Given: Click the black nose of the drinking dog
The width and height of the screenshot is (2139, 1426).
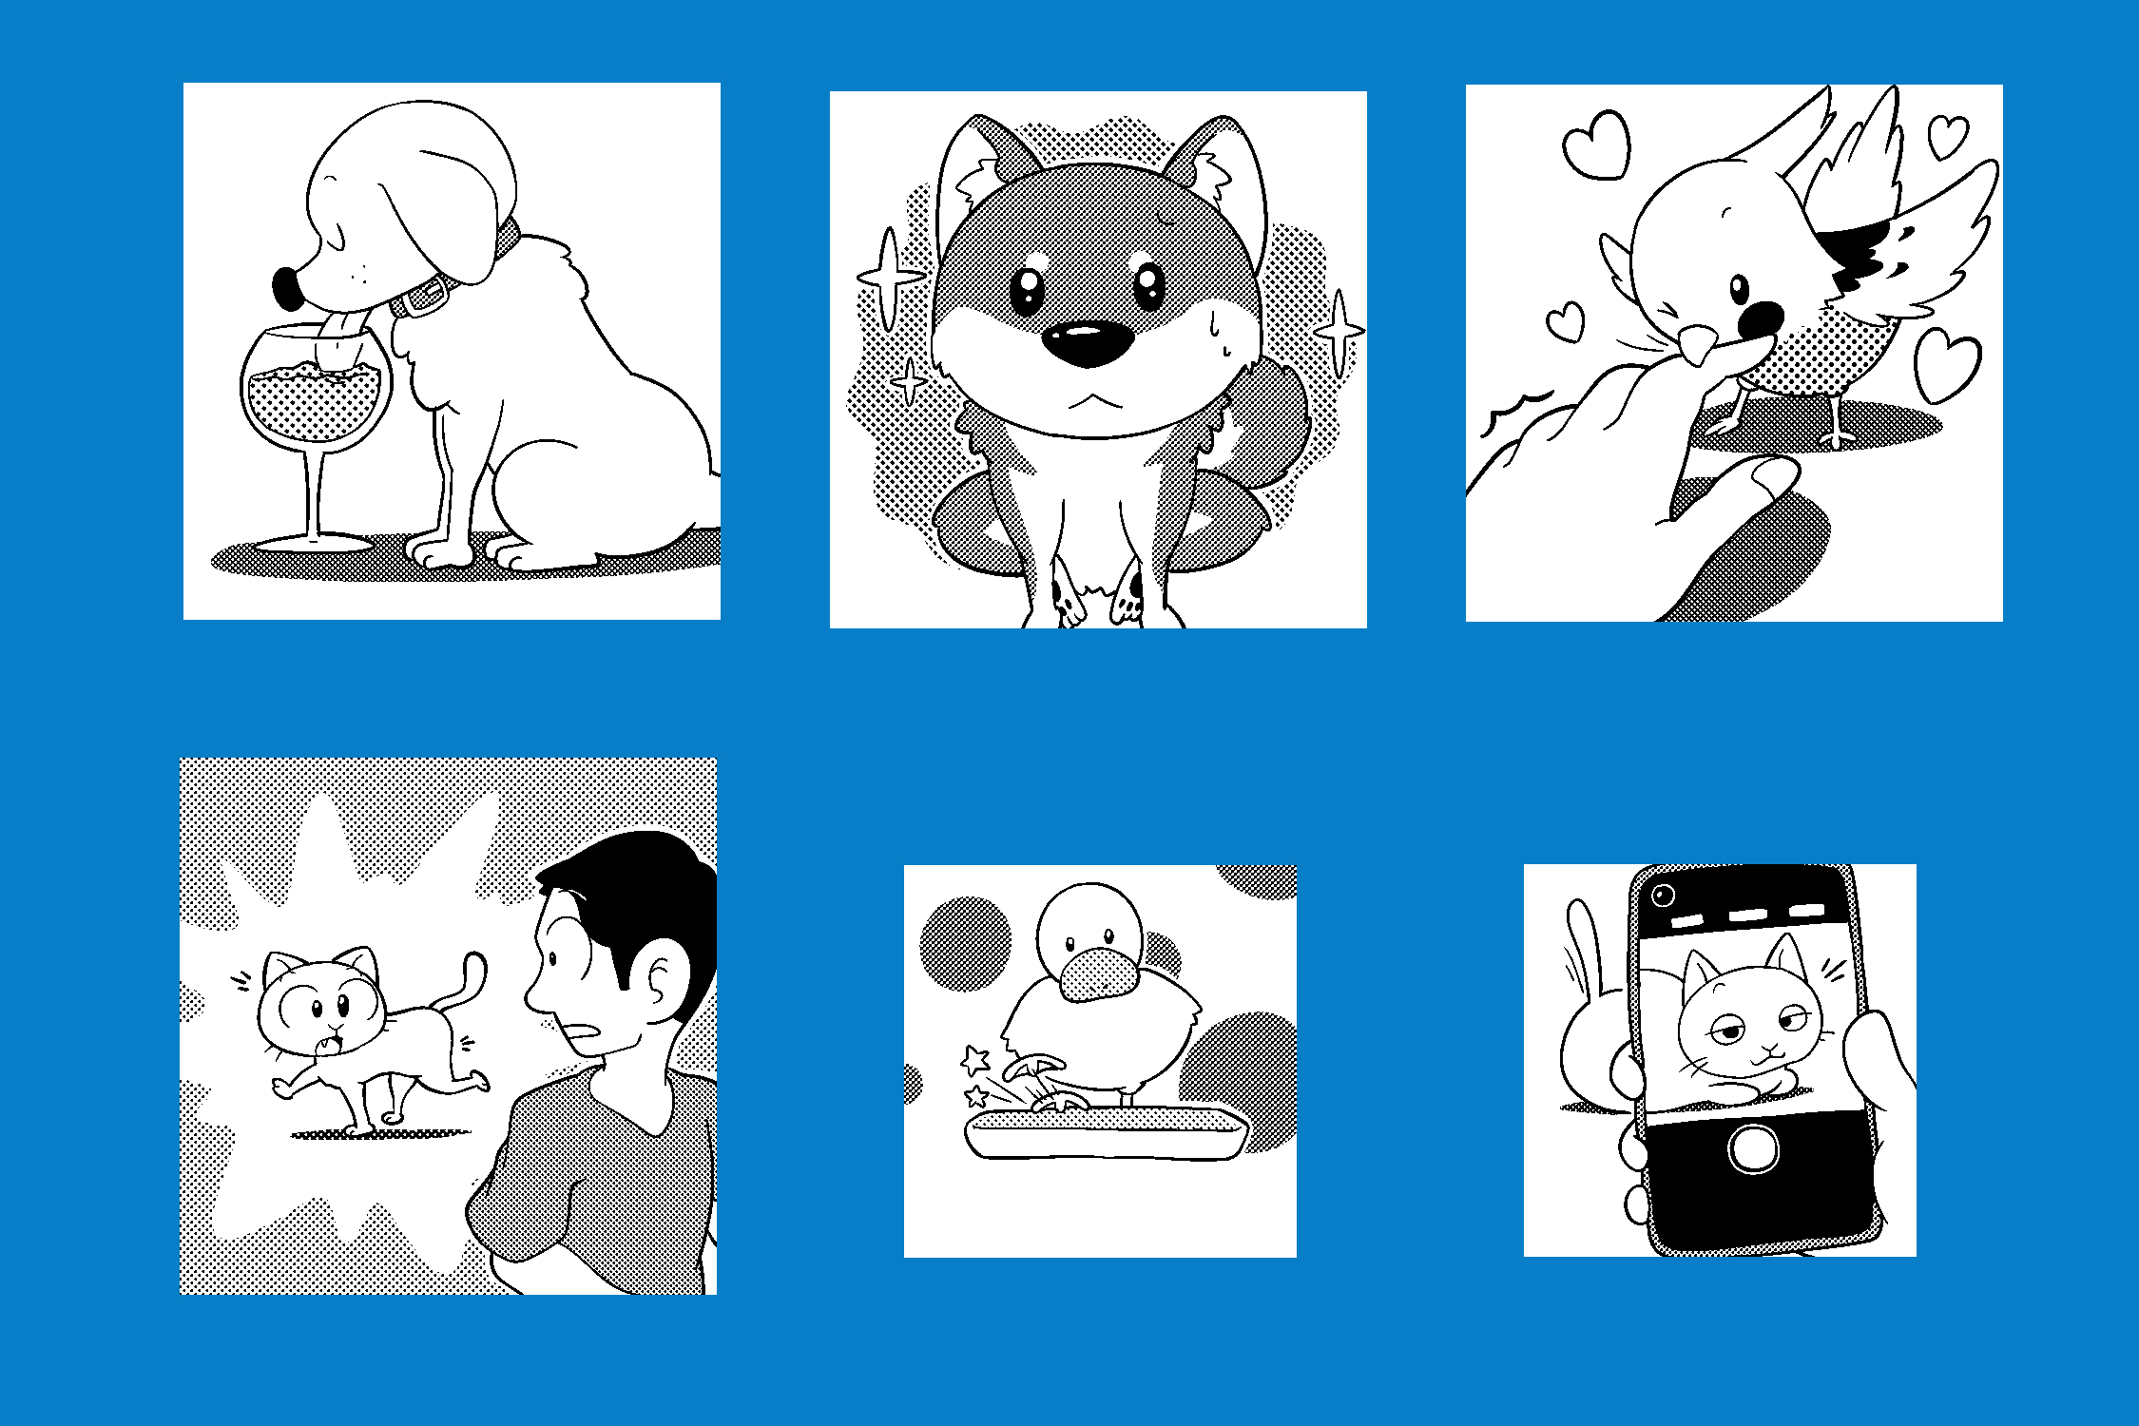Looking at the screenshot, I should coord(287,288).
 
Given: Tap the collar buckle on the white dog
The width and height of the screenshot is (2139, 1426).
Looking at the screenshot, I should coord(425,298).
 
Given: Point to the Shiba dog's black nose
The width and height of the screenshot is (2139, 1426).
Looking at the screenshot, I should coord(1088,343).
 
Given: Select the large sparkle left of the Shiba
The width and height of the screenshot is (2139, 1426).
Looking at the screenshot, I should coord(890,277).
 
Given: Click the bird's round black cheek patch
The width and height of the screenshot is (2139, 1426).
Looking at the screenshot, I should coord(1762,321).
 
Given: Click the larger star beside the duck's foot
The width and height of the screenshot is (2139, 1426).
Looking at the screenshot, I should coord(975,1059).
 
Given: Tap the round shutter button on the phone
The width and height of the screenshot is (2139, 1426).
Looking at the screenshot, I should coord(1753,1147).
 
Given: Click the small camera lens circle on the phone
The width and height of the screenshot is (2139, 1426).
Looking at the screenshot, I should coord(1664,895).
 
